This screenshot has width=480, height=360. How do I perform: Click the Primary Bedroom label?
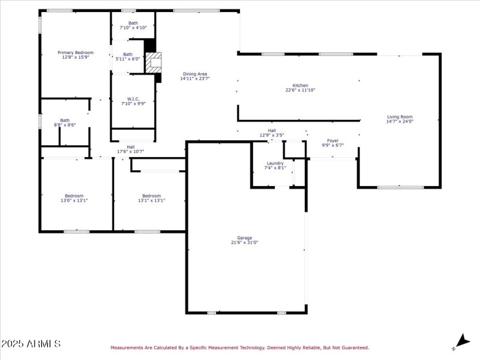pyautogui.click(x=76, y=52)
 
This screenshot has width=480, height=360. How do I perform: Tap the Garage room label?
pyautogui.click(x=244, y=238)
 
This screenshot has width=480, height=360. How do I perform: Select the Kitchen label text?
pyautogui.click(x=300, y=85)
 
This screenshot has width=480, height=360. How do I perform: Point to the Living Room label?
pyautogui.click(x=400, y=117)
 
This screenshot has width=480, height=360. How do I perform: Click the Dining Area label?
pyautogui.click(x=195, y=74)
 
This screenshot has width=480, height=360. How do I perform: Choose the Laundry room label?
pyautogui.click(x=275, y=163)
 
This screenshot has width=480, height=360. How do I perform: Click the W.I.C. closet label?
pyautogui.click(x=133, y=98)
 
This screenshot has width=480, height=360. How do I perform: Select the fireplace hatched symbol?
pyautogui.click(x=155, y=62)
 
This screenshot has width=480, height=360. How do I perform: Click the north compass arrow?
pyautogui.click(x=462, y=340)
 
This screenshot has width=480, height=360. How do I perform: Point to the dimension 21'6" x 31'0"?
pyautogui.click(x=244, y=242)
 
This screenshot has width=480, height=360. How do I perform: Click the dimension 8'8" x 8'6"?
pyautogui.click(x=64, y=125)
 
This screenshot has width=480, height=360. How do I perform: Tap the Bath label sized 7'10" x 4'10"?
pyautogui.click(x=133, y=23)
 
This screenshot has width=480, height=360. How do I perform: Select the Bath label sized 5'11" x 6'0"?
pyautogui.click(x=128, y=54)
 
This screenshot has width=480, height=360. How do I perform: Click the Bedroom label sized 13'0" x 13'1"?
pyautogui.click(x=74, y=196)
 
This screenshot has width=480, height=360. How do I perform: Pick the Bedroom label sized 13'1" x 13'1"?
pyautogui.click(x=151, y=196)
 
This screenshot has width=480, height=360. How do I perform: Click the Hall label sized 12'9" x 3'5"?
pyautogui.click(x=272, y=130)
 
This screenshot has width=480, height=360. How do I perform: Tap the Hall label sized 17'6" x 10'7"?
pyautogui.click(x=130, y=146)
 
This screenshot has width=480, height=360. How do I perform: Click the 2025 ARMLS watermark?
pyautogui.click(x=31, y=344)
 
